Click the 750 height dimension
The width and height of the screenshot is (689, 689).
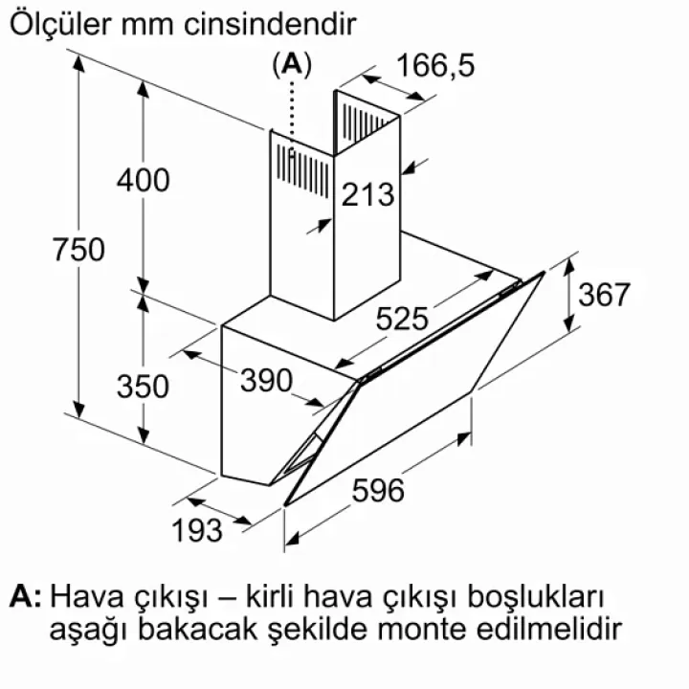[x=78, y=249]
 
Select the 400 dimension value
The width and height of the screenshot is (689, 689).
[x=144, y=180]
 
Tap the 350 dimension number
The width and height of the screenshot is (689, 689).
[x=143, y=387]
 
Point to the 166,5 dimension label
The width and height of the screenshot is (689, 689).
[x=435, y=65]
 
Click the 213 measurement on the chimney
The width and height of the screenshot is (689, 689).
[x=367, y=194]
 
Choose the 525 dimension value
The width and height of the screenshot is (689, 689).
[x=402, y=319]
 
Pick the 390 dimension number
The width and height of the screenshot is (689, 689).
[x=266, y=380]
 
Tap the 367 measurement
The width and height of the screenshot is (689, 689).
[x=604, y=295]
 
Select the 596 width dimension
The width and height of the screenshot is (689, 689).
[x=378, y=490]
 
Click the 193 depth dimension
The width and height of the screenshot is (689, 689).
[x=197, y=530]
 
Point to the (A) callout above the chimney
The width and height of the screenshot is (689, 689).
[x=292, y=65]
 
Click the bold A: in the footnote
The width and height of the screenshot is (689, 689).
[x=26, y=596]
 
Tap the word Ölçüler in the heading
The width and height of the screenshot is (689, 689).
[x=60, y=24]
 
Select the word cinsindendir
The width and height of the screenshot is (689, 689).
[x=270, y=25]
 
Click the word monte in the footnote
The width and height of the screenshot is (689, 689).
[x=422, y=630]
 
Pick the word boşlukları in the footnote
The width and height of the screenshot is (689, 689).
[x=536, y=597]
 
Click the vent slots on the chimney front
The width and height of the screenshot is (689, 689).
[x=302, y=171]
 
